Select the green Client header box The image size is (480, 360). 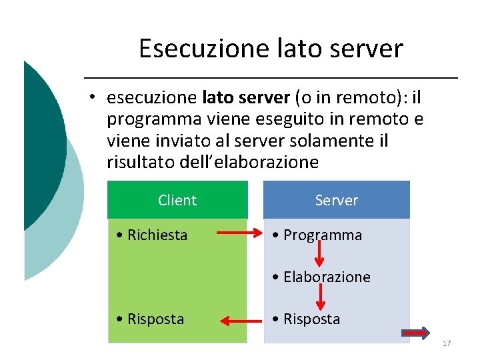[x=177, y=200]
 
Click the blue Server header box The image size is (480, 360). [x=337, y=200]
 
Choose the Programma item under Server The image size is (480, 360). [x=323, y=235]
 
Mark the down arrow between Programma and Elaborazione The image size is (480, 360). [x=319, y=253]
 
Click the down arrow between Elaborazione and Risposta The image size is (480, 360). [x=319, y=295]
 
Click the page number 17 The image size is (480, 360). [x=447, y=343]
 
